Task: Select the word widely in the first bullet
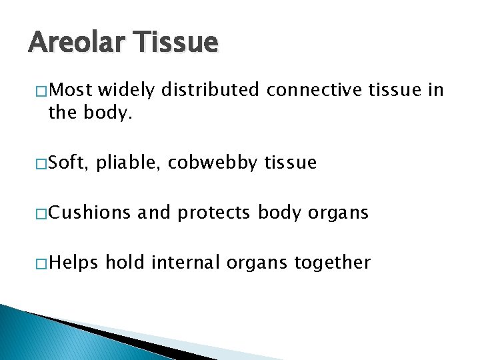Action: tap(128, 90)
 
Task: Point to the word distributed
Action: tap(212, 90)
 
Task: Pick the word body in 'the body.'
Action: tap(111, 113)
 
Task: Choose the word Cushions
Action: tap(90, 213)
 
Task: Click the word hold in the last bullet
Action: tap(127, 263)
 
